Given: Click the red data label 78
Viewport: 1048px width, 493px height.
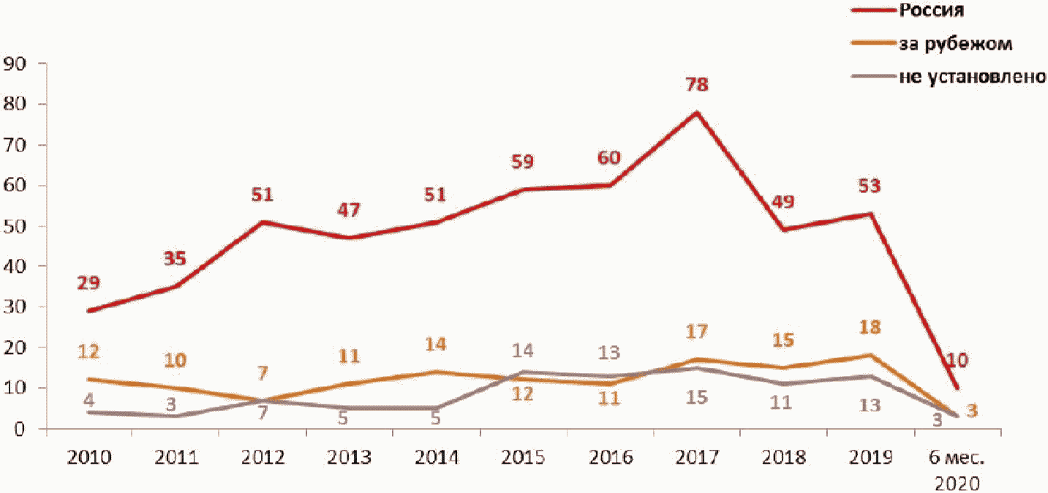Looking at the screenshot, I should [x=696, y=84].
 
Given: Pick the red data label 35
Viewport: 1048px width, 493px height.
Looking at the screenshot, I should [x=174, y=258].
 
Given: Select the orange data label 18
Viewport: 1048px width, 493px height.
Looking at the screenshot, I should [x=869, y=327].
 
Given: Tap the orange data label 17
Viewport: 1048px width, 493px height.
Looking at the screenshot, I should [x=696, y=331].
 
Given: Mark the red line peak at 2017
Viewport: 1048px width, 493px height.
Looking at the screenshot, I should [x=697, y=112].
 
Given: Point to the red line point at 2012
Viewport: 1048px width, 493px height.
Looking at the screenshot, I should [x=263, y=221].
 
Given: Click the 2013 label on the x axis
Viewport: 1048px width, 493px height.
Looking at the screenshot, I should [x=350, y=458].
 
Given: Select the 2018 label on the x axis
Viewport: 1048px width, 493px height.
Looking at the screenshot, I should [x=783, y=458].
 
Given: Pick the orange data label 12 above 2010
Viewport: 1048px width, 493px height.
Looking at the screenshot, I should [x=88, y=352].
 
